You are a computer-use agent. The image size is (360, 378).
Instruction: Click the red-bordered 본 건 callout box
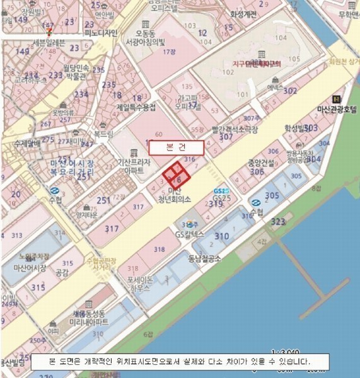click(x=177, y=147)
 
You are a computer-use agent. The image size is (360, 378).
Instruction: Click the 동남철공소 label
click(x=204, y=257)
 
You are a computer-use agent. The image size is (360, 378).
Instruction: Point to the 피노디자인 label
click(x=102, y=33)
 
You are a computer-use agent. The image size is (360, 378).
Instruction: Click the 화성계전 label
click(x=244, y=14)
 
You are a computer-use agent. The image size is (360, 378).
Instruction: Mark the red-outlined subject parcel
click(x=177, y=175)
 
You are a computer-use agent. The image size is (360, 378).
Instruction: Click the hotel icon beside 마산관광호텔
click(x=337, y=99)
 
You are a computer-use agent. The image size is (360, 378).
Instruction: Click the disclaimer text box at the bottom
click(x=178, y=362)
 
